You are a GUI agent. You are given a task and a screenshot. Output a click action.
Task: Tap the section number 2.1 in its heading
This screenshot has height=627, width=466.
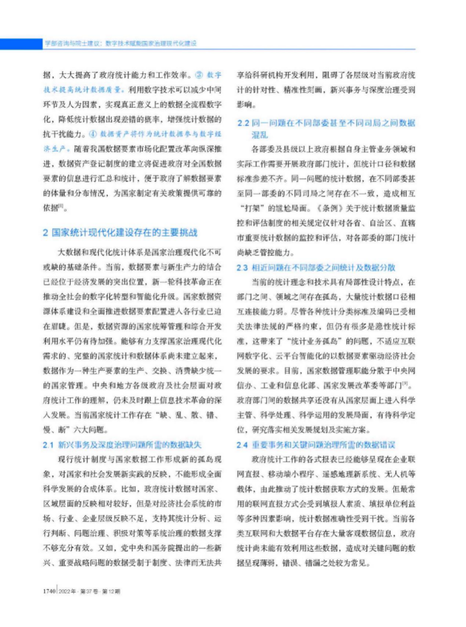[x=48, y=445]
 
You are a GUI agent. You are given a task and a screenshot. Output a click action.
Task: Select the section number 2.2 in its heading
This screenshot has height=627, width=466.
[x=244, y=123]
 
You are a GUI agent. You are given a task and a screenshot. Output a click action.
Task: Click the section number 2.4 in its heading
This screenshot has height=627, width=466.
[x=244, y=445]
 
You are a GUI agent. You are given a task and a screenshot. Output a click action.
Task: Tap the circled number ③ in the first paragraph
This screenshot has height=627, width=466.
[x=199, y=74]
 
